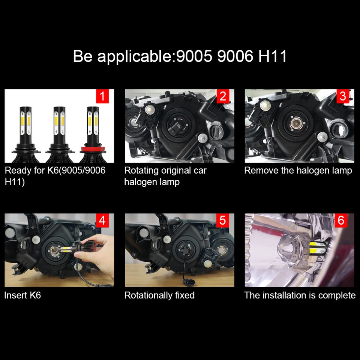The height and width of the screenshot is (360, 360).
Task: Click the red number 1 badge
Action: click(102, 96)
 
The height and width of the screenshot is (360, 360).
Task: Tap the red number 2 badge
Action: click(223, 96)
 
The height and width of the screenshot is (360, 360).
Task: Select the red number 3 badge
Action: click(343, 96)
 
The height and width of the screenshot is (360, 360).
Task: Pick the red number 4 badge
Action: click(102, 220)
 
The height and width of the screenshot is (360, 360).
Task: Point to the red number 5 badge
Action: click(223, 220)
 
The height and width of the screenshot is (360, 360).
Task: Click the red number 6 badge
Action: click(341, 220)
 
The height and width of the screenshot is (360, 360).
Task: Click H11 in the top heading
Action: click(273, 56)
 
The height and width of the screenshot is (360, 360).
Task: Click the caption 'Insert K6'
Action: click(22, 295)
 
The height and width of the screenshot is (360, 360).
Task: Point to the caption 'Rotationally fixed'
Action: click(159, 295)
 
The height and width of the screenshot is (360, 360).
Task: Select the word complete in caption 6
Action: click(337, 295)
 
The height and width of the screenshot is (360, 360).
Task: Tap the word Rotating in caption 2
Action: click(141, 171)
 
